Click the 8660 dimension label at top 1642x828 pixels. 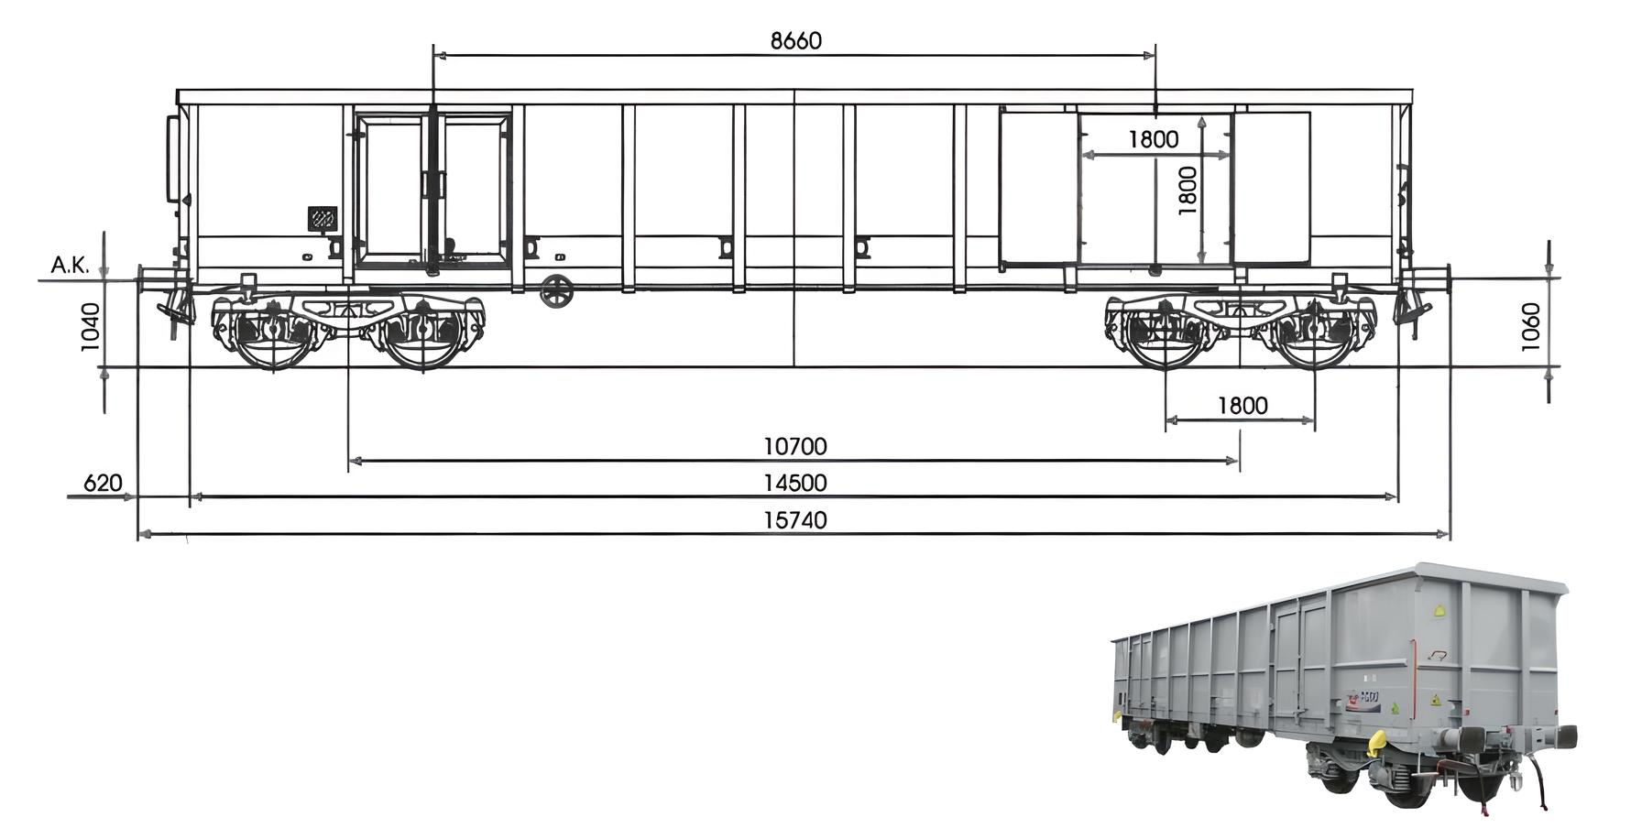coord(795,41)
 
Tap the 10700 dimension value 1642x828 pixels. coord(794,447)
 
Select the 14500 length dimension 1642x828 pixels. coord(794,484)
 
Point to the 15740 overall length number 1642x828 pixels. coord(794,520)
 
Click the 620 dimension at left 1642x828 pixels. coord(103,484)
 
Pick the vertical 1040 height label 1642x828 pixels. coord(90,326)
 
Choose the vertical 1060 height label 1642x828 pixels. coord(1530,326)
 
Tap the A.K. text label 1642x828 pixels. coord(70,266)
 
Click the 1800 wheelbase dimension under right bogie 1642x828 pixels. coord(1242,406)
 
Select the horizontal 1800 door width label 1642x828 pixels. coord(1153,139)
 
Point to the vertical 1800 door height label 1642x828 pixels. coord(1187,191)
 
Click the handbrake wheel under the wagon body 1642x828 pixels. coord(556,291)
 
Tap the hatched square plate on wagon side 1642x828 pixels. coord(322,219)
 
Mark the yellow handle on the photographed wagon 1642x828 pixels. coord(1374,745)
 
